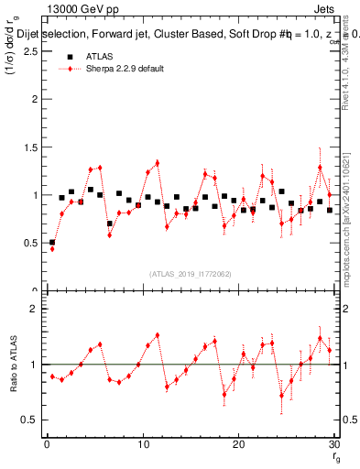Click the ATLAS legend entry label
click(x=100, y=57)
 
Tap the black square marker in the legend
click(x=70, y=57)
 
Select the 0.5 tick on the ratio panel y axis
click(x=30, y=420)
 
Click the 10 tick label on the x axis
click(x=143, y=444)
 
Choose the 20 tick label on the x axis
click(x=238, y=444)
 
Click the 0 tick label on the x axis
click(x=47, y=444)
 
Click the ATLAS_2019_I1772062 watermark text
click(x=190, y=273)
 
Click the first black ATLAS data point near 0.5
click(x=52, y=243)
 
